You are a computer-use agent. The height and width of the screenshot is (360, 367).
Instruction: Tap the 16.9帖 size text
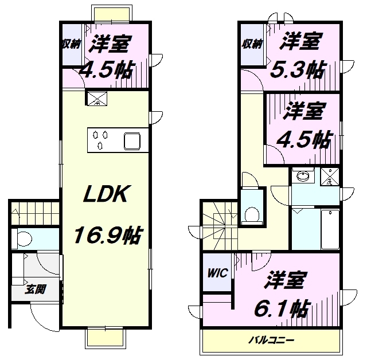tap(107, 235)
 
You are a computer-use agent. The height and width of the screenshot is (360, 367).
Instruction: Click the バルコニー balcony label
tap(271, 340)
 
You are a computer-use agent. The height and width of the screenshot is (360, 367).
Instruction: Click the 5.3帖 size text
tap(298, 70)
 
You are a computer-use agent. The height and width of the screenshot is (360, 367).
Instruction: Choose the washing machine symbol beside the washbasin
tap(329, 177)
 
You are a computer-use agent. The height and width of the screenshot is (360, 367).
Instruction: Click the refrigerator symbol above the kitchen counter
tap(95, 99)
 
